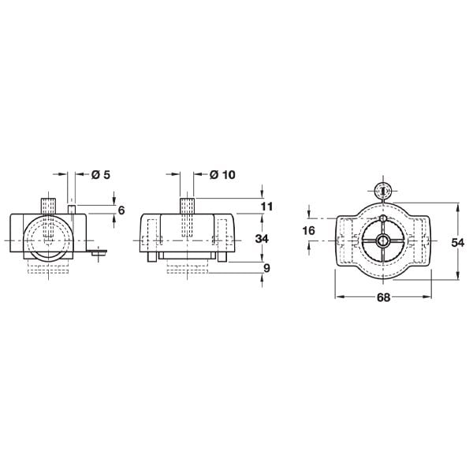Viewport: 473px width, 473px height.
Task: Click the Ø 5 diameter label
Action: [101, 175]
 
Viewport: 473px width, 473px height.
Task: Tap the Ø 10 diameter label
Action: [222, 175]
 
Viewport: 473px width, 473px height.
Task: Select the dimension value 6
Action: [121, 210]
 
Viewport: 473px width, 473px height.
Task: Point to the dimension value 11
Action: [266, 207]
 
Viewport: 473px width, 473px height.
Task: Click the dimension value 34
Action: [262, 239]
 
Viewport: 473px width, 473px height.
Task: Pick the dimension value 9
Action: [267, 268]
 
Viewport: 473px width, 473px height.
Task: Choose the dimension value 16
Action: [308, 231]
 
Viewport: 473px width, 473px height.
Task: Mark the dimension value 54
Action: [457, 242]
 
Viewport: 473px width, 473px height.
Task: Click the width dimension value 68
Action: [383, 297]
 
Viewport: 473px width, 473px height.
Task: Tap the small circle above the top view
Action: [382, 191]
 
